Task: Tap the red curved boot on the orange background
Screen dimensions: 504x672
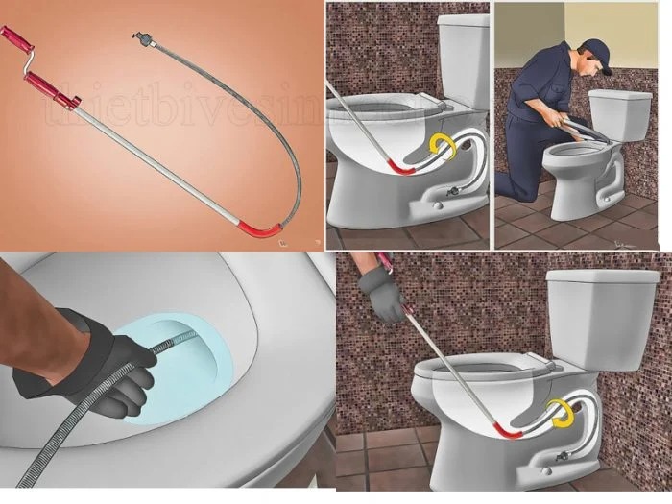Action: (261, 229)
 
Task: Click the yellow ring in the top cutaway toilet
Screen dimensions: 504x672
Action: (443, 146)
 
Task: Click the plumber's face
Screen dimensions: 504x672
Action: (591, 68)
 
